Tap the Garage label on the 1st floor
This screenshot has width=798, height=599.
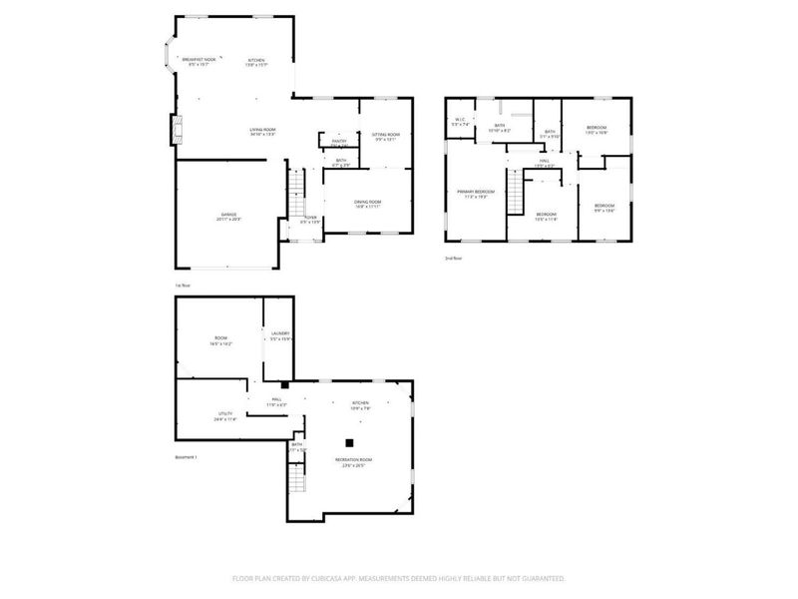tap(229, 217)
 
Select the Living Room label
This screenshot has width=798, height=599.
tap(262, 130)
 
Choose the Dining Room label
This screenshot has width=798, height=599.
tap(367, 203)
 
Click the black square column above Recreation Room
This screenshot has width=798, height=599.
tap(349, 442)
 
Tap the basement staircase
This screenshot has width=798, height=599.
tap(294, 486)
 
